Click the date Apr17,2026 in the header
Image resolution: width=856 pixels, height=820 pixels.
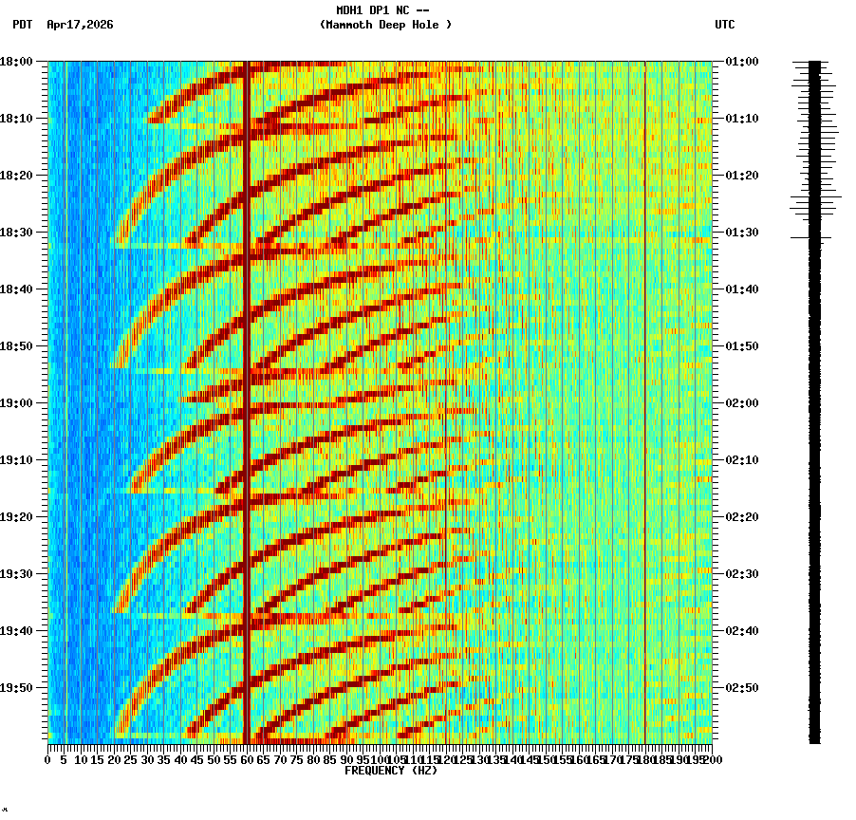point(80,25)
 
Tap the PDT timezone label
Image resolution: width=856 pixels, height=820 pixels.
point(23,25)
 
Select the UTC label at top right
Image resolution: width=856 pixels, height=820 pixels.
point(725,25)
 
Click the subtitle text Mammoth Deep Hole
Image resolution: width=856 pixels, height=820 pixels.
point(385,25)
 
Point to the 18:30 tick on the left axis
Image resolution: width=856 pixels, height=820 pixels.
point(16,233)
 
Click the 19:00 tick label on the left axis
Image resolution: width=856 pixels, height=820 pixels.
point(16,403)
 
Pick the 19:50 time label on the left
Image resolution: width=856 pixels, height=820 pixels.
point(16,688)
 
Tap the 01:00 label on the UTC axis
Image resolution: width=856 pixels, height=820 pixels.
point(741,62)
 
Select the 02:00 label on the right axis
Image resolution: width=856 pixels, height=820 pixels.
point(741,403)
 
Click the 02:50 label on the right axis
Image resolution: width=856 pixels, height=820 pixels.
point(741,688)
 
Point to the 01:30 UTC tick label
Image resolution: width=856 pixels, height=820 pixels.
point(741,233)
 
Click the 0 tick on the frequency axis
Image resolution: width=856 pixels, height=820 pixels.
point(48,759)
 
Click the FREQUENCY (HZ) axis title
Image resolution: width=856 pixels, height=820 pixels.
point(390,771)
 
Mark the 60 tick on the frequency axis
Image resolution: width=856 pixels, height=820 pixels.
point(247,759)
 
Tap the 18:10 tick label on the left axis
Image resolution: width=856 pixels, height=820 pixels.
point(16,119)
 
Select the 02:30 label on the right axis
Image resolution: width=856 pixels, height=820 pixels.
point(741,574)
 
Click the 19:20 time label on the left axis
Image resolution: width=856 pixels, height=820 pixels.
point(16,517)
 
